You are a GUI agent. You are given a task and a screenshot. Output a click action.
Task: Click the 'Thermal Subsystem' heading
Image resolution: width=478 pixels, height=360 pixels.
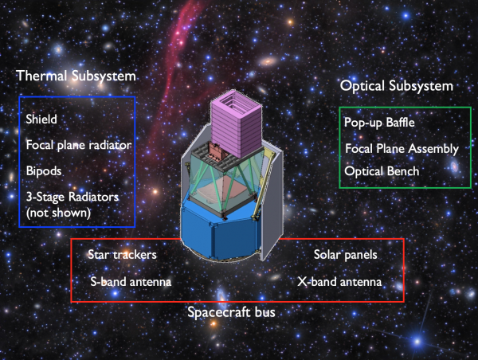tap(76, 76)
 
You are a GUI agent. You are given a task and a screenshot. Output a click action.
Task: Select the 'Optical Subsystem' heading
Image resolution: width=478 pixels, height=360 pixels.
tap(397, 86)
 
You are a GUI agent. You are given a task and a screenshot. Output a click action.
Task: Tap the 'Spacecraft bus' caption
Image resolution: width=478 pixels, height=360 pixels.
tap(231, 312)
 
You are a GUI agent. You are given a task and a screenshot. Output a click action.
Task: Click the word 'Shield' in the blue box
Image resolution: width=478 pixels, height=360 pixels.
tap(41, 119)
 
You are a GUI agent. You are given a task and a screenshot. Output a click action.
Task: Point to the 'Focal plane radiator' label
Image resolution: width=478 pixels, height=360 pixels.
tap(79, 145)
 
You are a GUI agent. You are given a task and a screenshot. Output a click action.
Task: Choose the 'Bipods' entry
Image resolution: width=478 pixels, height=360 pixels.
tap(44, 171)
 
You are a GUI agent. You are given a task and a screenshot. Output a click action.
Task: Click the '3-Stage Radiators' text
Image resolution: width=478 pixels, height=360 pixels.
tap(72, 197)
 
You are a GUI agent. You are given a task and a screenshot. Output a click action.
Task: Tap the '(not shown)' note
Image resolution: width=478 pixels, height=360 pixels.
tap(58, 213)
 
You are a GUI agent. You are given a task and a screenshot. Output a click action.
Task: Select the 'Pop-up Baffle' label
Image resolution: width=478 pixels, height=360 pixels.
tap(379, 123)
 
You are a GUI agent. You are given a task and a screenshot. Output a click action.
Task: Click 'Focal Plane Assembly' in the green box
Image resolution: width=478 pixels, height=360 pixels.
tap(402, 149)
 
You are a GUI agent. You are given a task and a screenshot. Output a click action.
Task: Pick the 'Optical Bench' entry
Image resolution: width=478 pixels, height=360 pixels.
tap(382, 171)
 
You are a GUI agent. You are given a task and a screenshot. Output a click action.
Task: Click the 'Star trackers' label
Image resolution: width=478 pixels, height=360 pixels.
tap(122, 255)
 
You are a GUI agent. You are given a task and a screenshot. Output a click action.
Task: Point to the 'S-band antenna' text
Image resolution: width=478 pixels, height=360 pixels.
tap(131, 281)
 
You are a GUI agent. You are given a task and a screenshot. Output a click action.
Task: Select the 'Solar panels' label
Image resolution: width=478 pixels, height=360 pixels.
tap(346, 255)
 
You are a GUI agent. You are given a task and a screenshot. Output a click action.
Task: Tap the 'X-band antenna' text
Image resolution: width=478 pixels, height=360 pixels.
tap(339, 281)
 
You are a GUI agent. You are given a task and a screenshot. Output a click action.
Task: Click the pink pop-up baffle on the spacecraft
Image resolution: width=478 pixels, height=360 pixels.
tap(237, 123)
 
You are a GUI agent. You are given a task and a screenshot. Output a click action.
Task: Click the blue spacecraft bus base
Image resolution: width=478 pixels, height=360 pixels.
tap(221, 233)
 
